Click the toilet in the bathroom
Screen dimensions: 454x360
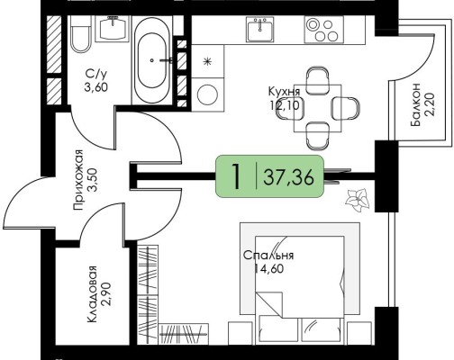[80, 34]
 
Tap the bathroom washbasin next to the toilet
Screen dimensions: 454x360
[112, 28]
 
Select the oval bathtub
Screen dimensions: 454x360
[151, 60]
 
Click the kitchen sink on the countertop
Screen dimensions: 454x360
[260, 29]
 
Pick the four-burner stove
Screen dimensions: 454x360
[323, 30]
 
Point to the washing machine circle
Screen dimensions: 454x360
[207, 94]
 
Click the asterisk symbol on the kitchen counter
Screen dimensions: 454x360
[207, 62]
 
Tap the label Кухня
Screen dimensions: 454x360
[284, 92]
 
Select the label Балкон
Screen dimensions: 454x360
[416, 104]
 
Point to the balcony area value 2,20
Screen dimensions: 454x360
[430, 104]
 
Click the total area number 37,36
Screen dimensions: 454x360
[288, 177]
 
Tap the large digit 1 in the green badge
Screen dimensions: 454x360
[237, 177]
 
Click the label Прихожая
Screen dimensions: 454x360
[78, 180]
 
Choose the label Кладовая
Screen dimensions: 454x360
[93, 294]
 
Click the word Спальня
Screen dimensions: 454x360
[268, 256]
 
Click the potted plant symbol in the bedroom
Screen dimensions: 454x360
[358, 200]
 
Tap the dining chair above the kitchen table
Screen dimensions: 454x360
[318, 77]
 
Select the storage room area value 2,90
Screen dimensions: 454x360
[106, 293]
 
